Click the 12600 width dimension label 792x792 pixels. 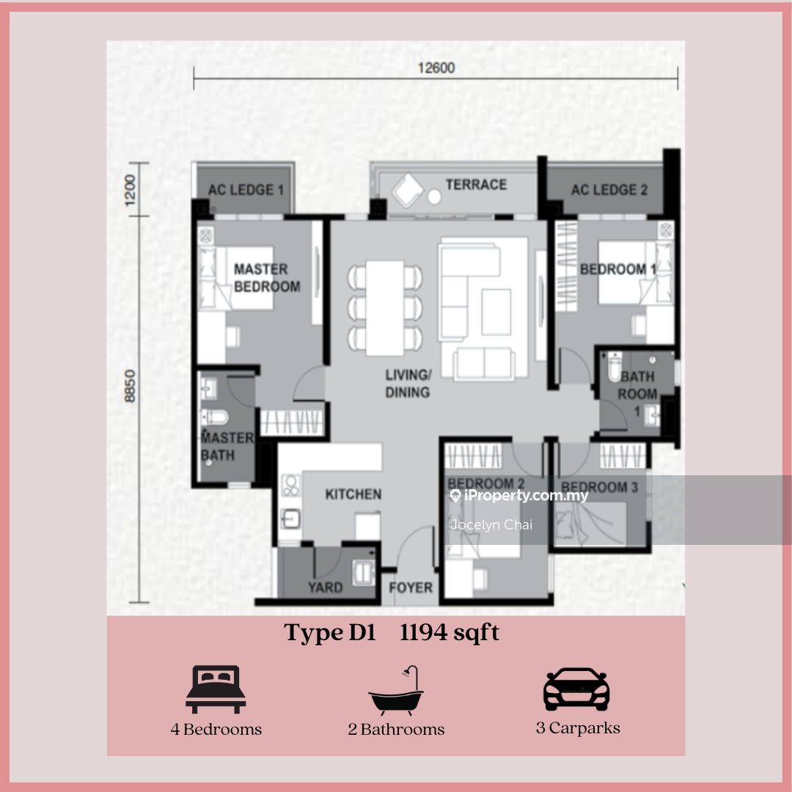[436, 67]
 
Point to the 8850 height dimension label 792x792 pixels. [131, 386]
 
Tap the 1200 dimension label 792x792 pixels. [131, 190]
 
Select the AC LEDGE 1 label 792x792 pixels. [246, 190]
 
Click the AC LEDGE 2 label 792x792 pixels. [609, 190]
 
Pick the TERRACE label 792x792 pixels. [476, 185]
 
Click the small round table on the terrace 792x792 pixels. [434, 197]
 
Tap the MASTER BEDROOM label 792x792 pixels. [267, 278]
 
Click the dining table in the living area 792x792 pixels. [385, 308]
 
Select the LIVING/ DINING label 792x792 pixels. [408, 384]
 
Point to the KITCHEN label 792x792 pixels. [353, 494]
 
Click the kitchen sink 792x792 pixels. [290, 518]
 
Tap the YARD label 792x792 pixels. [326, 587]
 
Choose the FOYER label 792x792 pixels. [411, 587]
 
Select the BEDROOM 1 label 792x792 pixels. [618, 269]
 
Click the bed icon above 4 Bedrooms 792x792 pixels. [216, 689]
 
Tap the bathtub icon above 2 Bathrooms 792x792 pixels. [396, 690]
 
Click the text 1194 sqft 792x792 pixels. [450, 632]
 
